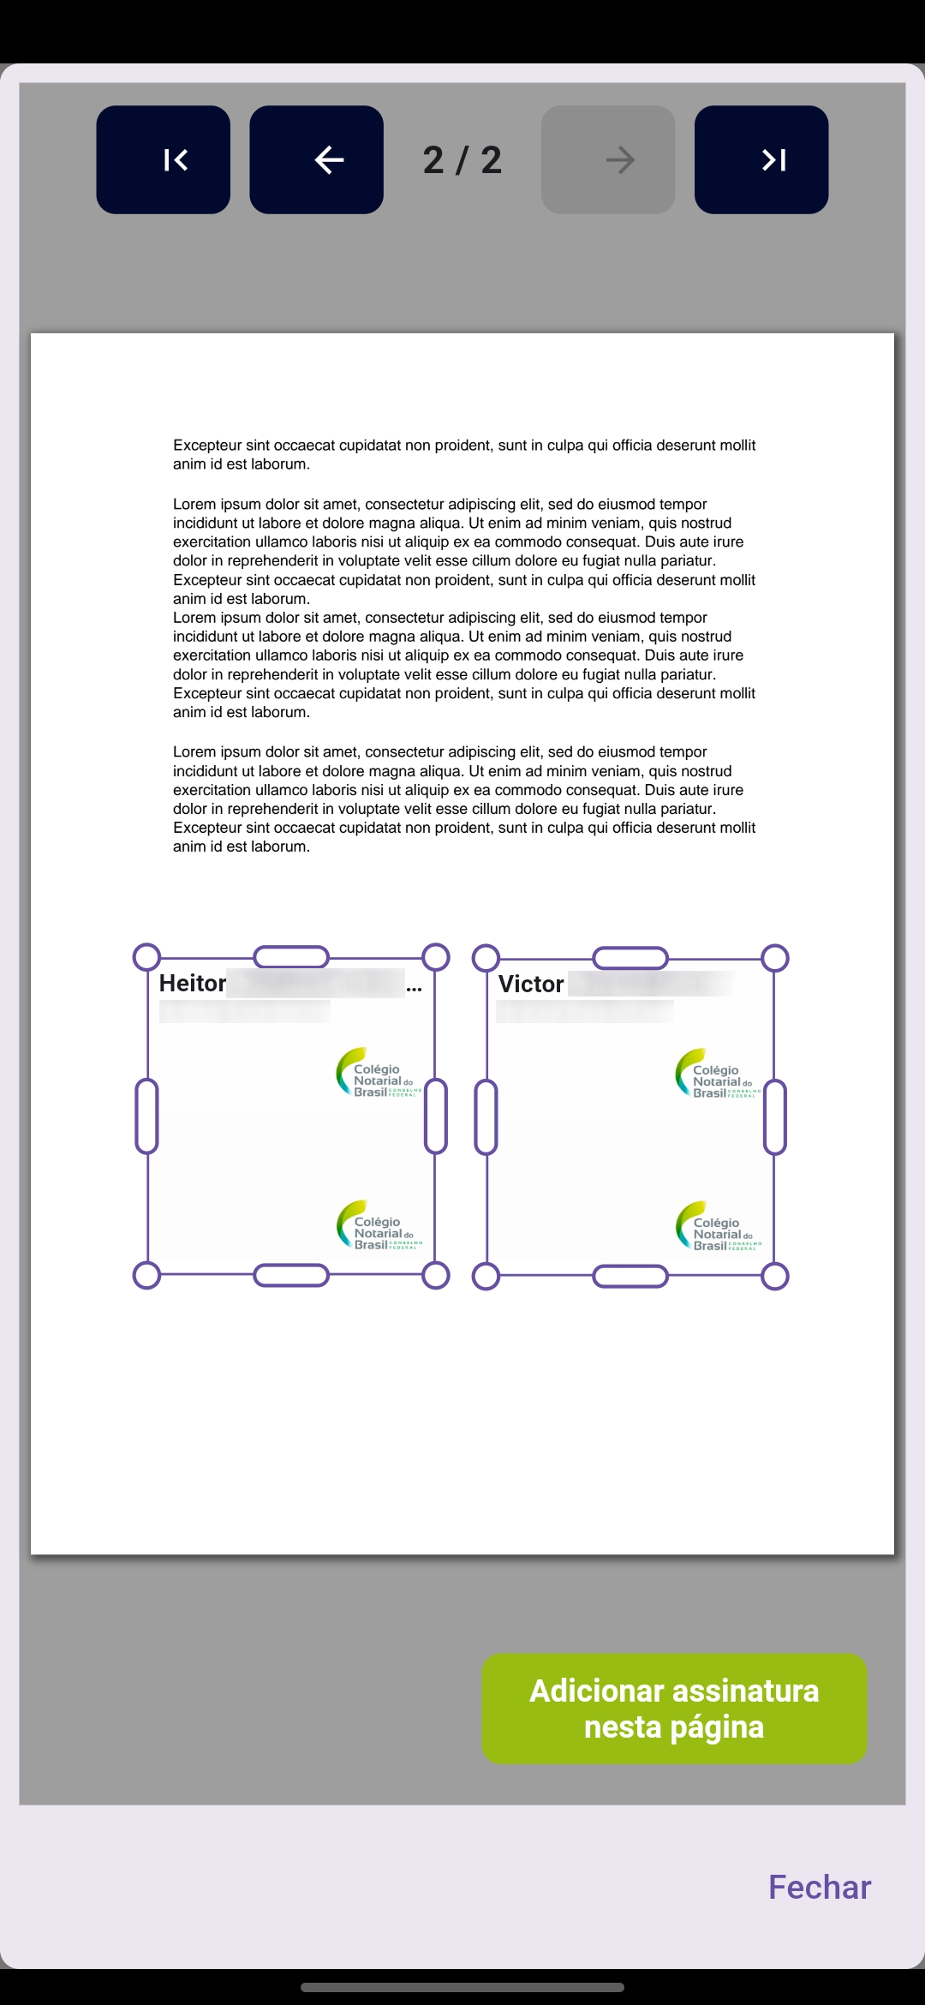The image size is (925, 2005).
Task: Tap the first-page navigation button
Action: click(163, 159)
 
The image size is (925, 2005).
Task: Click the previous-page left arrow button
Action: click(316, 159)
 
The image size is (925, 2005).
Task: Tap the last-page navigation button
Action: click(761, 159)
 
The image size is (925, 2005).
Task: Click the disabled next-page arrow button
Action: click(608, 159)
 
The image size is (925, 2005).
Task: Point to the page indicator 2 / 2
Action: click(462, 160)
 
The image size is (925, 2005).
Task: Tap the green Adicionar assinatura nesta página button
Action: click(674, 1709)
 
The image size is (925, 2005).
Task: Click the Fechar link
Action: click(819, 1887)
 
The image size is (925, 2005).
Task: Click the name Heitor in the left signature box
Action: click(193, 984)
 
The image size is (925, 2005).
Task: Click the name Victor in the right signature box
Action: click(531, 985)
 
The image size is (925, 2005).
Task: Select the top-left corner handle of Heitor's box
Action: click(147, 957)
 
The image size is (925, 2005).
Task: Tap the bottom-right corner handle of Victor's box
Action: click(775, 1276)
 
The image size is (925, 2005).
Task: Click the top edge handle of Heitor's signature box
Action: click(291, 957)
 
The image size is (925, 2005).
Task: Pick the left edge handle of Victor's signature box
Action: click(486, 1117)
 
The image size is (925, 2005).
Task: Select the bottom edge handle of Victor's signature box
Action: click(630, 1276)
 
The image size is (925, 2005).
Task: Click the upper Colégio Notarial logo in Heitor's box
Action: click(378, 1073)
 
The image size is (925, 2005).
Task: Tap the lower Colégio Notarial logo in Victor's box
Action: click(717, 1226)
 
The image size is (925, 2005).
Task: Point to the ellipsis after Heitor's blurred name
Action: click(415, 987)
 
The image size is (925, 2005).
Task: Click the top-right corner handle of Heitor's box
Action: click(436, 957)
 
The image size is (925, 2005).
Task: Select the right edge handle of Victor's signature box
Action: click(775, 1117)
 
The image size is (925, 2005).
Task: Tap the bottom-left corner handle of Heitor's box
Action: click(147, 1275)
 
